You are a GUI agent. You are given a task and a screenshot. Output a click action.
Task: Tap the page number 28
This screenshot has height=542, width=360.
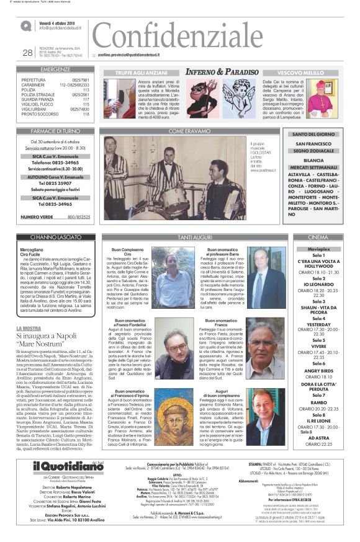tap(27, 53)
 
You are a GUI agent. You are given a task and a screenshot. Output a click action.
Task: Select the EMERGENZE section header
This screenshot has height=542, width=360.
tap(56, 69)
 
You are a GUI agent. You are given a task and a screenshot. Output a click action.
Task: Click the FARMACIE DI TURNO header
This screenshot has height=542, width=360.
tap(56, 131)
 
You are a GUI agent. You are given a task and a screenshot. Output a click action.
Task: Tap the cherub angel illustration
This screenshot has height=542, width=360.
tap(239, 98)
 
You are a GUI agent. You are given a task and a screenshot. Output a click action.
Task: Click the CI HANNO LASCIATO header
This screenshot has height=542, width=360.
tap(56, 238)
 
